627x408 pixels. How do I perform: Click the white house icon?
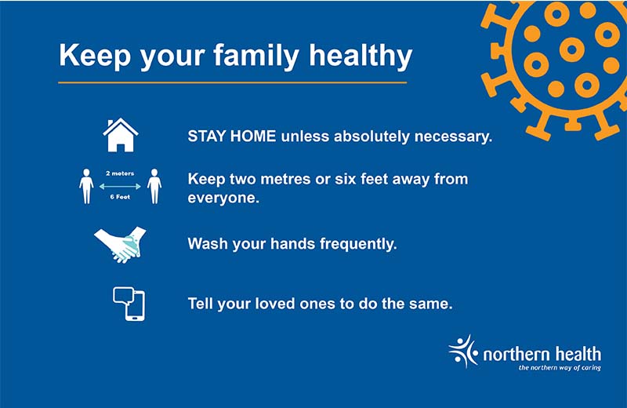click(121, 135)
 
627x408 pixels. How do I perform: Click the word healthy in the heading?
click(361, 56)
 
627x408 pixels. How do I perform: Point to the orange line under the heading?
click(232, 82)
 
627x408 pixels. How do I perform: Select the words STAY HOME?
click(232, 137)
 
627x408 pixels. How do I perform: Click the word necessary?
click(453, 137)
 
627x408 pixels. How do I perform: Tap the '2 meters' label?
click(120, 173)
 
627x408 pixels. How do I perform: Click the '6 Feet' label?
click(120, 197)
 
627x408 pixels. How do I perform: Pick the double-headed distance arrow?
click(120, 186)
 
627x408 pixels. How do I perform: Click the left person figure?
click(86, 186)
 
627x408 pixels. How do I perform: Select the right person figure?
click(154, 186)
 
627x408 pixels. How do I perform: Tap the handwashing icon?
click(121, 245)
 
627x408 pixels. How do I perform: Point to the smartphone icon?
click(135, 306)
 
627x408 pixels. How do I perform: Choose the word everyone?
click(223, 198)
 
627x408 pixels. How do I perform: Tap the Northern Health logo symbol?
click(463, 352)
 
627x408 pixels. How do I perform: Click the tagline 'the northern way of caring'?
click(560, 367)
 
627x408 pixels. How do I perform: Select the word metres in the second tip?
click(286, 179)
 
